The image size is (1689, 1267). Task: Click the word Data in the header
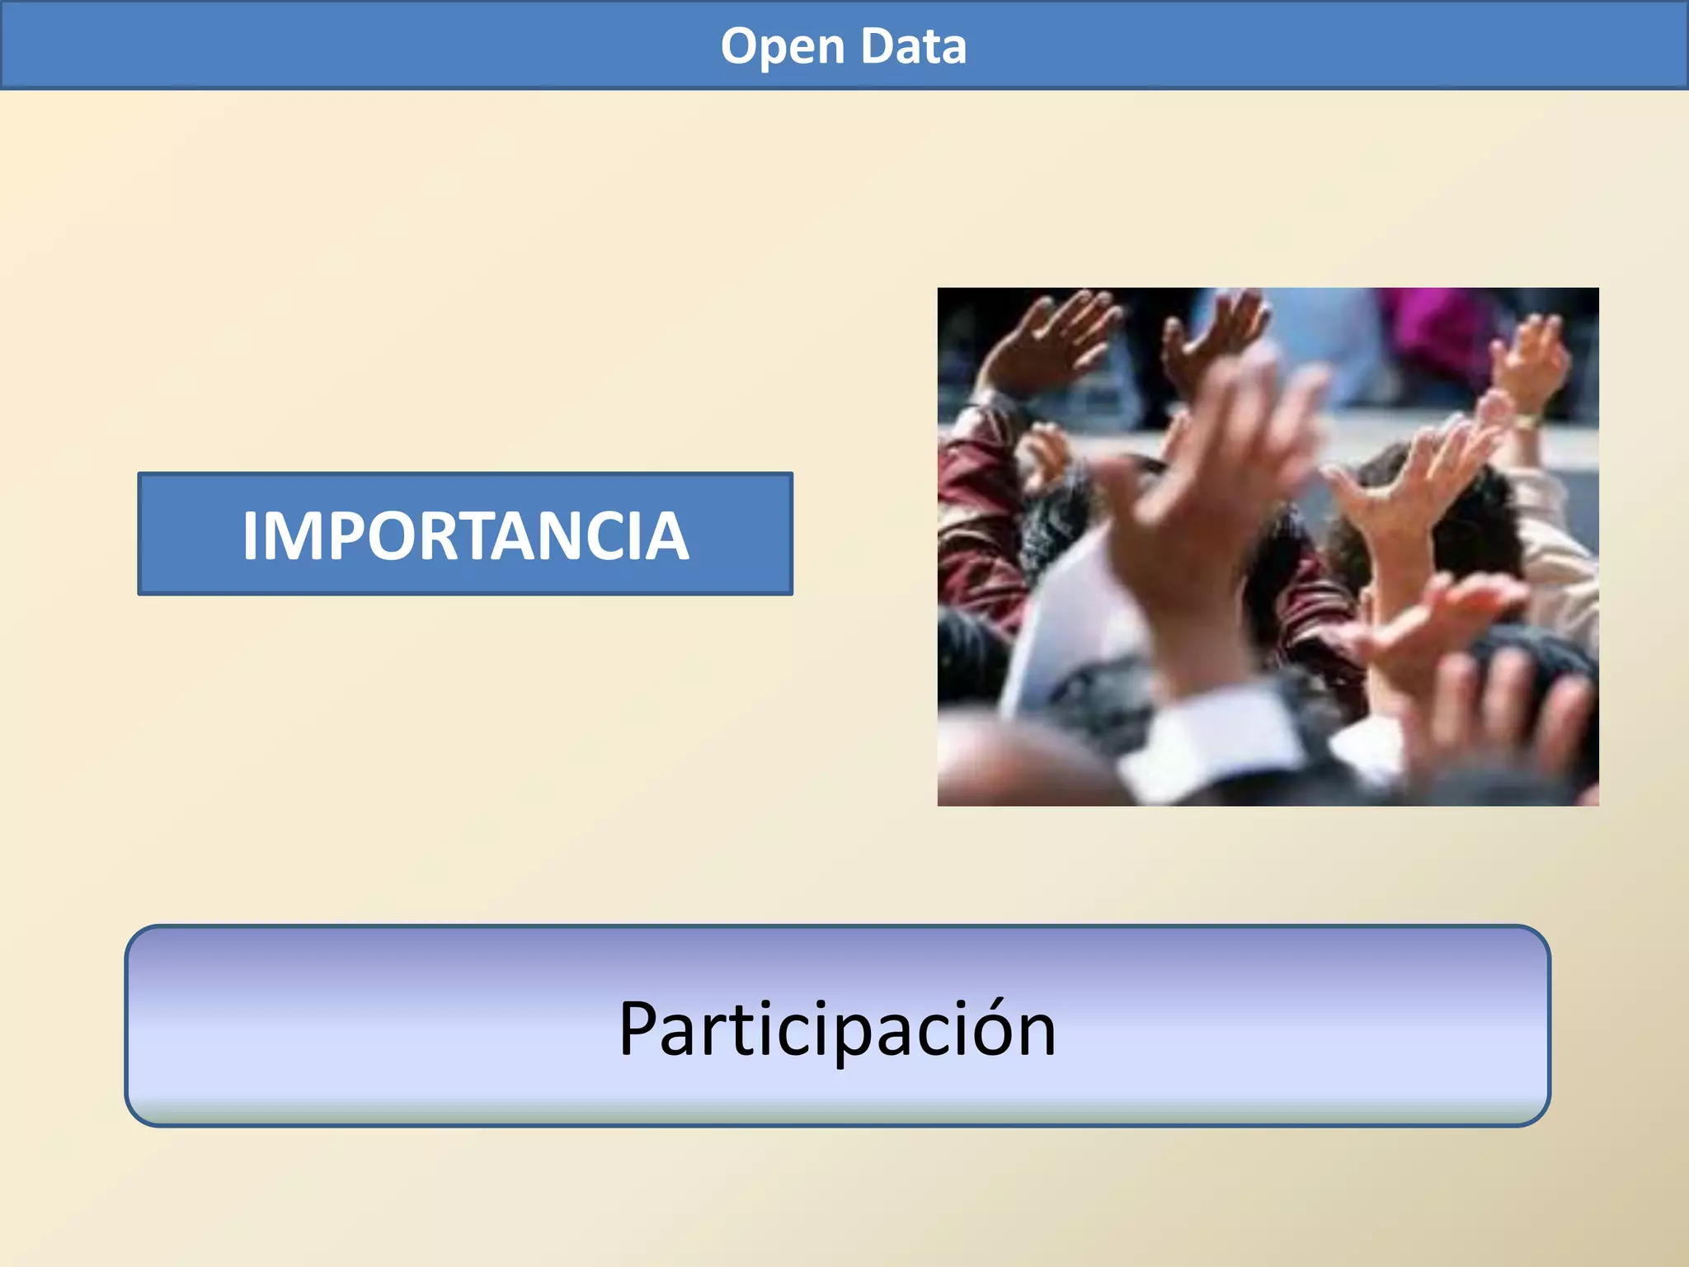pos(913,47)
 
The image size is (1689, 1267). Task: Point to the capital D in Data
pos(877,45)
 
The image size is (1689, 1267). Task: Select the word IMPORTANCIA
pos(465,535)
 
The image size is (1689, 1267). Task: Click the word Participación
pos(837,1029)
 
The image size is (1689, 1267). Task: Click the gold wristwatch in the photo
pos(1526,423)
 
